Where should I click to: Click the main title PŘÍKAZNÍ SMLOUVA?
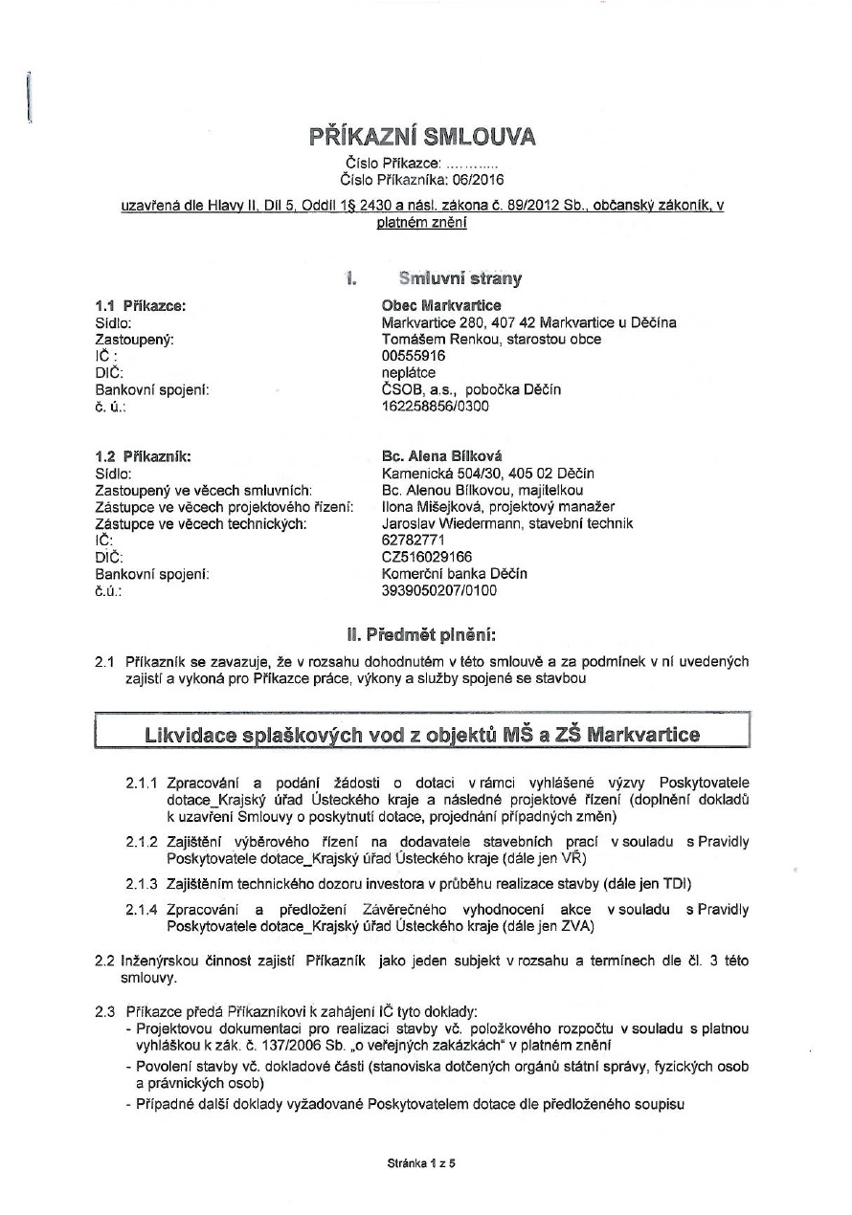(422, 137)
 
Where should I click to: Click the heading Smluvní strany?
(460, 279)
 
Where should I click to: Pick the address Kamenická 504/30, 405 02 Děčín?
(487, 474)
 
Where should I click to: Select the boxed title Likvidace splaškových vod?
(422, 735)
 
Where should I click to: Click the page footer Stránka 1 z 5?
(421, 1164)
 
